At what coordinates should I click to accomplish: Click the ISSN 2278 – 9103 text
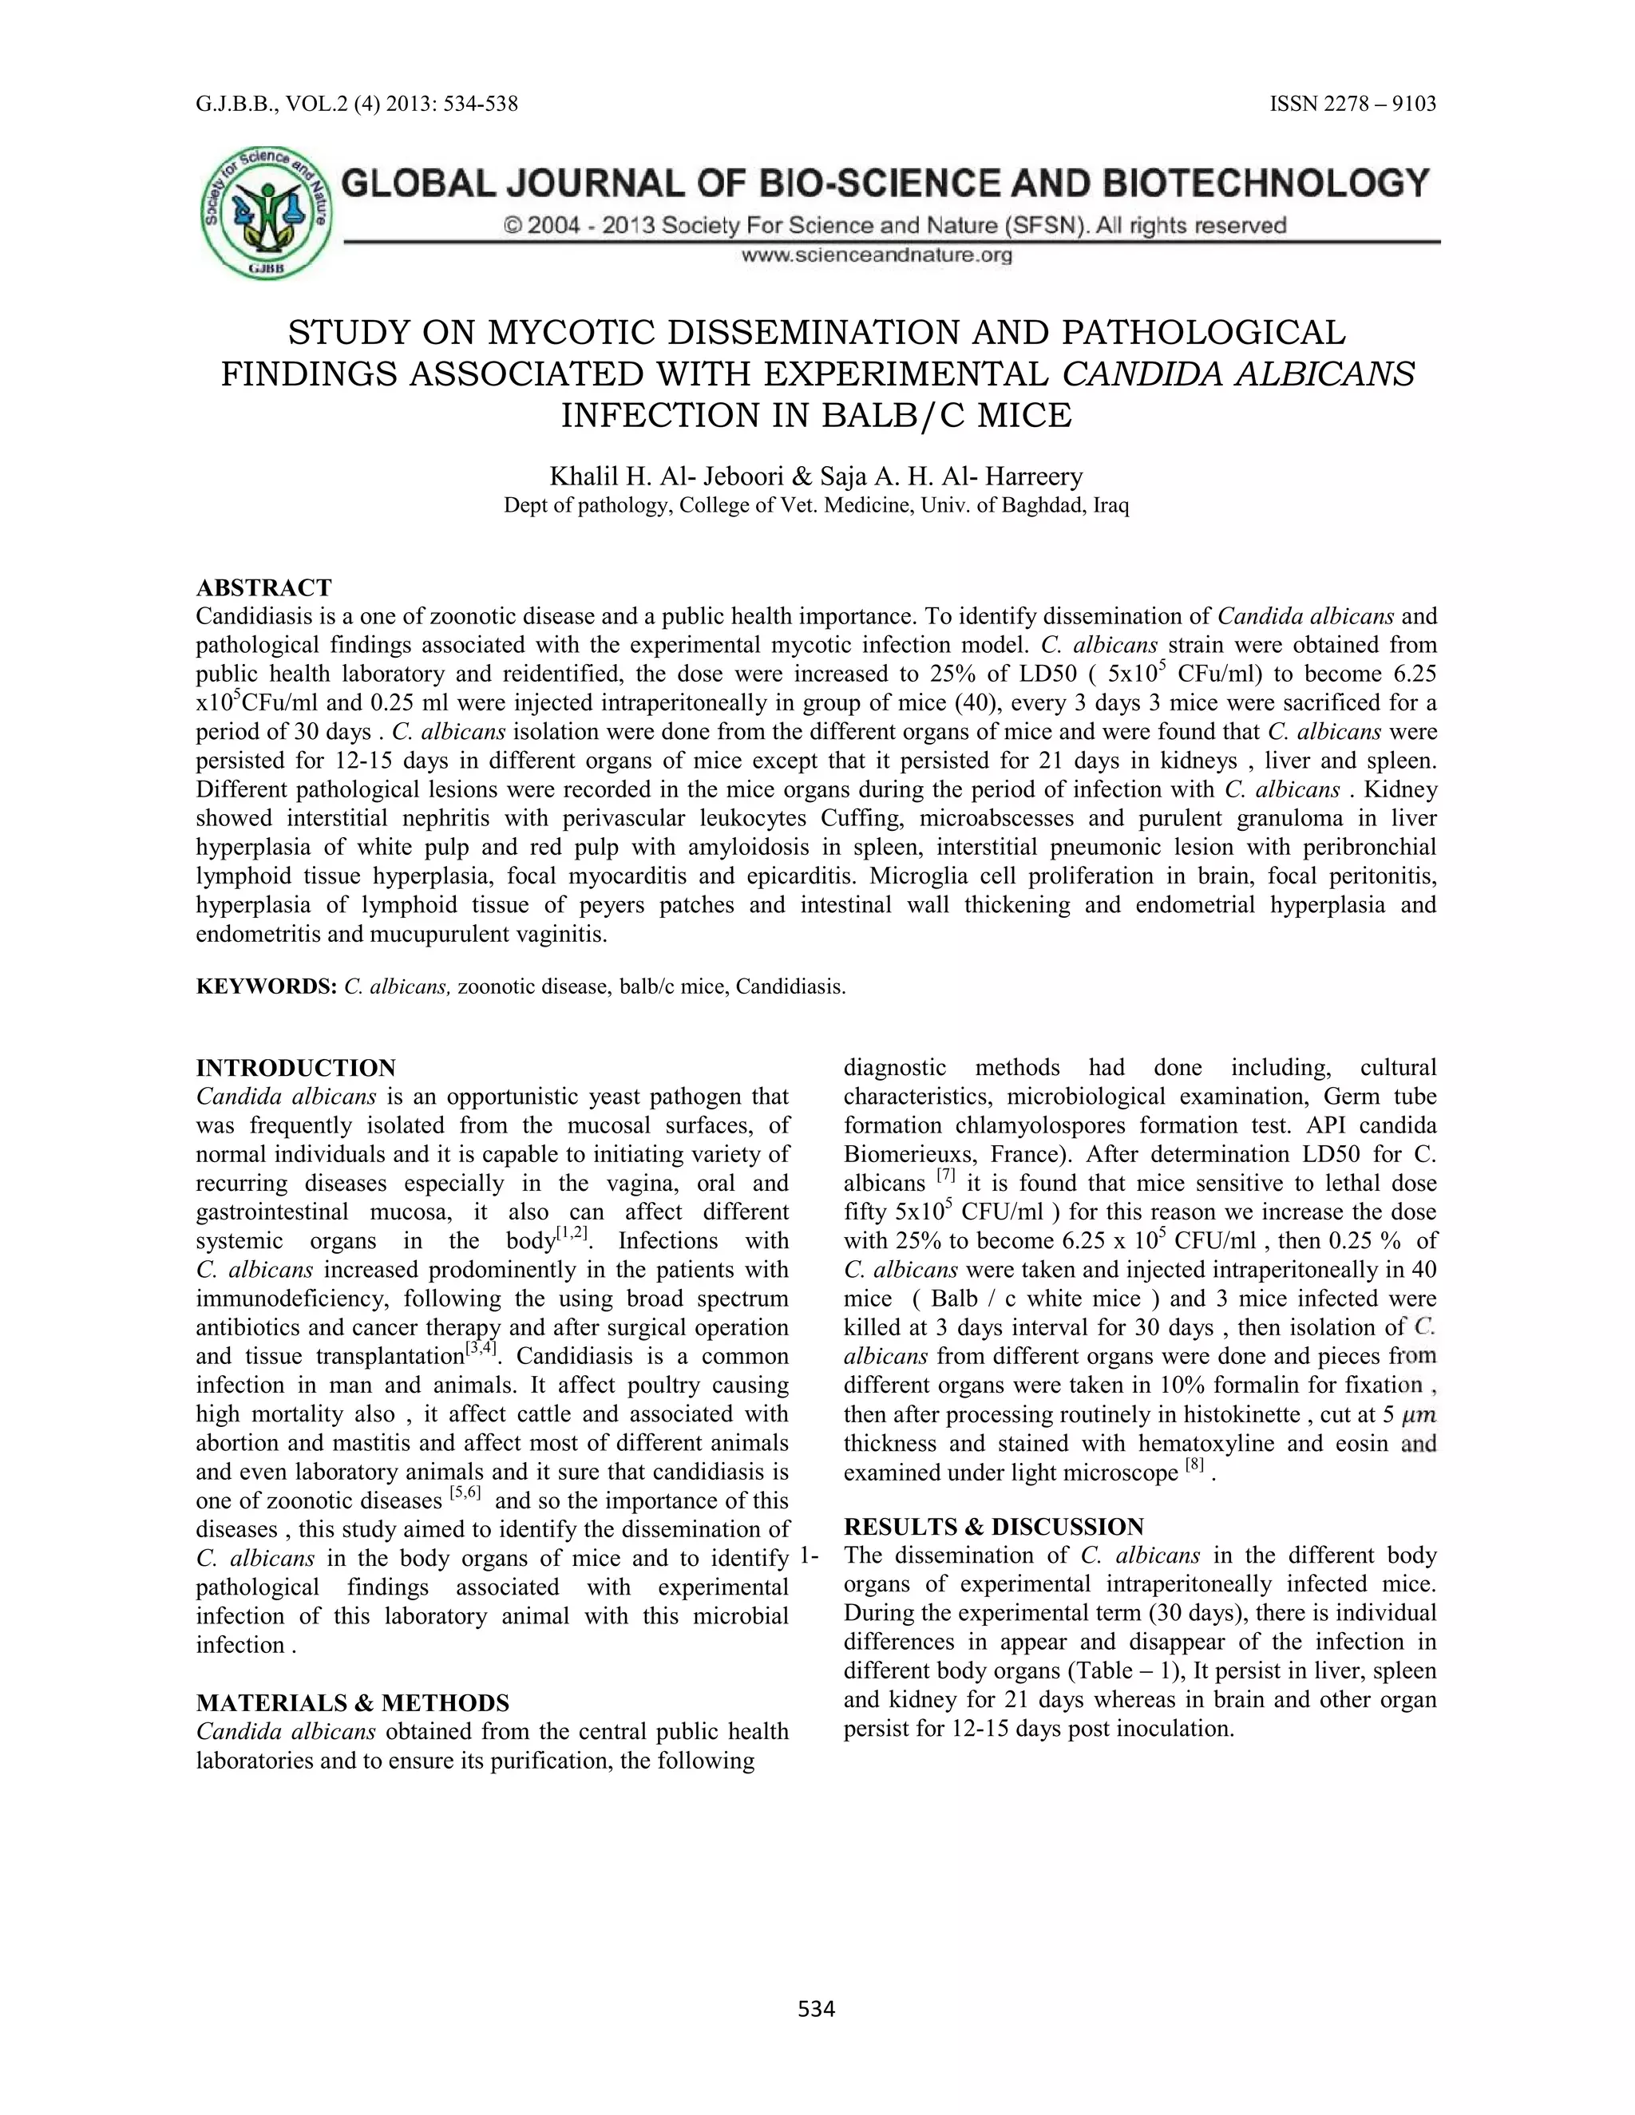1352,104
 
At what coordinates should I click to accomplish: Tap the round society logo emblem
267,213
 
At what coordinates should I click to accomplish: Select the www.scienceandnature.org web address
877,255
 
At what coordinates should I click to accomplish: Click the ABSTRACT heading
263,588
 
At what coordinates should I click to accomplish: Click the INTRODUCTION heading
295,1068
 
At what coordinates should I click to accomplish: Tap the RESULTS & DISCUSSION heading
994,1527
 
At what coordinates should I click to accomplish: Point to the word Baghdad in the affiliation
1049,505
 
